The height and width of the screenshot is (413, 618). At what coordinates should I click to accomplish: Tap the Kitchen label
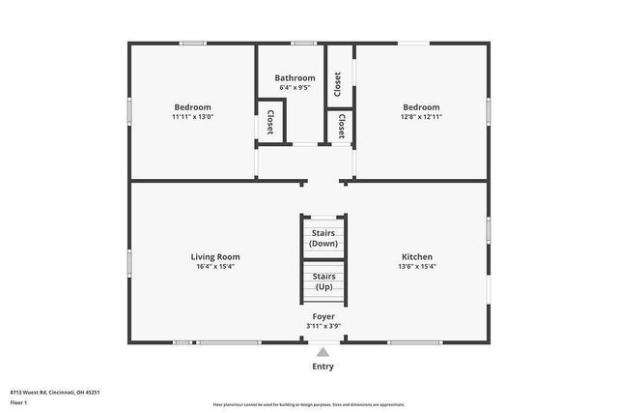(416, 256)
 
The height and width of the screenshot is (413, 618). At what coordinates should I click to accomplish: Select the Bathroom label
(295, 78)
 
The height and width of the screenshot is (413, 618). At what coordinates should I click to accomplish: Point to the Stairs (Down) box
(323, 238)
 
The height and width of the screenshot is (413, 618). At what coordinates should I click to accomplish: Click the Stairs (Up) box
(323, 281)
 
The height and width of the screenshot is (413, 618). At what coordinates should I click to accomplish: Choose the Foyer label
(323, 316)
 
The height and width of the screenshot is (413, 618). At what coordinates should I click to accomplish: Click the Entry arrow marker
(323, 352)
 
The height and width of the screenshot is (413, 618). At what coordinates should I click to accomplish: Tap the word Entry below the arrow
(323, 367)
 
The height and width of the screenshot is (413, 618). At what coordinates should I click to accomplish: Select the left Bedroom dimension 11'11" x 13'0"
(192, 117)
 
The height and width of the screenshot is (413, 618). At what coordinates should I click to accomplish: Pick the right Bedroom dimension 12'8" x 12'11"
(421, 117)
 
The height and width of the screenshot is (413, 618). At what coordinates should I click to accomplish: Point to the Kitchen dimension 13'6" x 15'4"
(416, 266)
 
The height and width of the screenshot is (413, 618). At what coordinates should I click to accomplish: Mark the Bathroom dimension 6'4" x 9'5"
(295, 88)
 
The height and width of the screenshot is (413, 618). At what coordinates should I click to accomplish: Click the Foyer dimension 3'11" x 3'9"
(323, 326)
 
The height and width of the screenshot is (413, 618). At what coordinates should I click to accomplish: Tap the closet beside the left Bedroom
(270, 121)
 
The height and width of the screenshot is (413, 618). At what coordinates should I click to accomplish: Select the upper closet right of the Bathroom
(337, 85)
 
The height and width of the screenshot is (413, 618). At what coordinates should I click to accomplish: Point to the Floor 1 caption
(19, 401)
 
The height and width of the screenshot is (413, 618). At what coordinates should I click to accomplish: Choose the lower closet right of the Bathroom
(342, 126)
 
